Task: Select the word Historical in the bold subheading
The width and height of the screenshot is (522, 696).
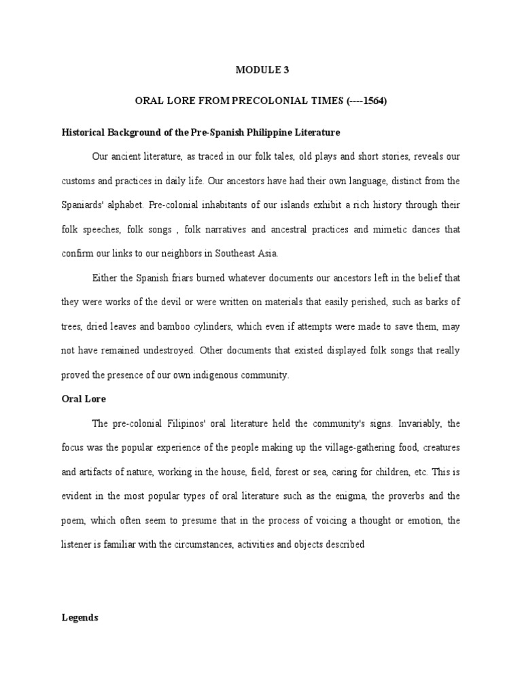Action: click(86, 132)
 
